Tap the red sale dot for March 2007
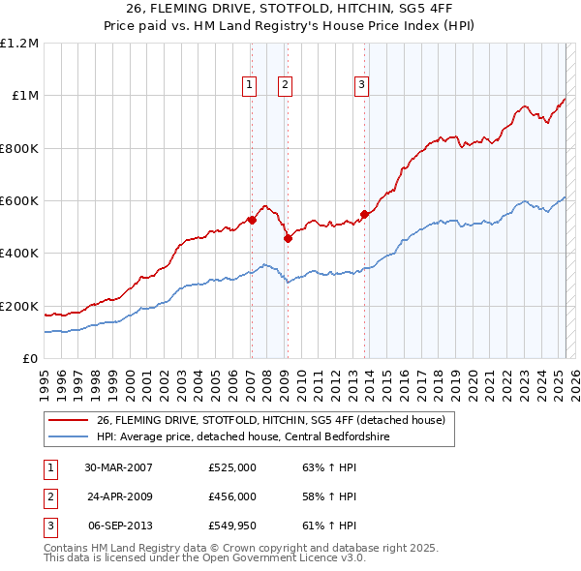point(251,220)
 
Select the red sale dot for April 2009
point(288,238)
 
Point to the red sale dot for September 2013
point(364,214)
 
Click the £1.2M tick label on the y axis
point(19,44)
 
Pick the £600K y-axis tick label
point(19,201)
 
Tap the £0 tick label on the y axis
point(30,359)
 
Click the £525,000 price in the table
point(232,467)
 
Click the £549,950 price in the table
point(232,526)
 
